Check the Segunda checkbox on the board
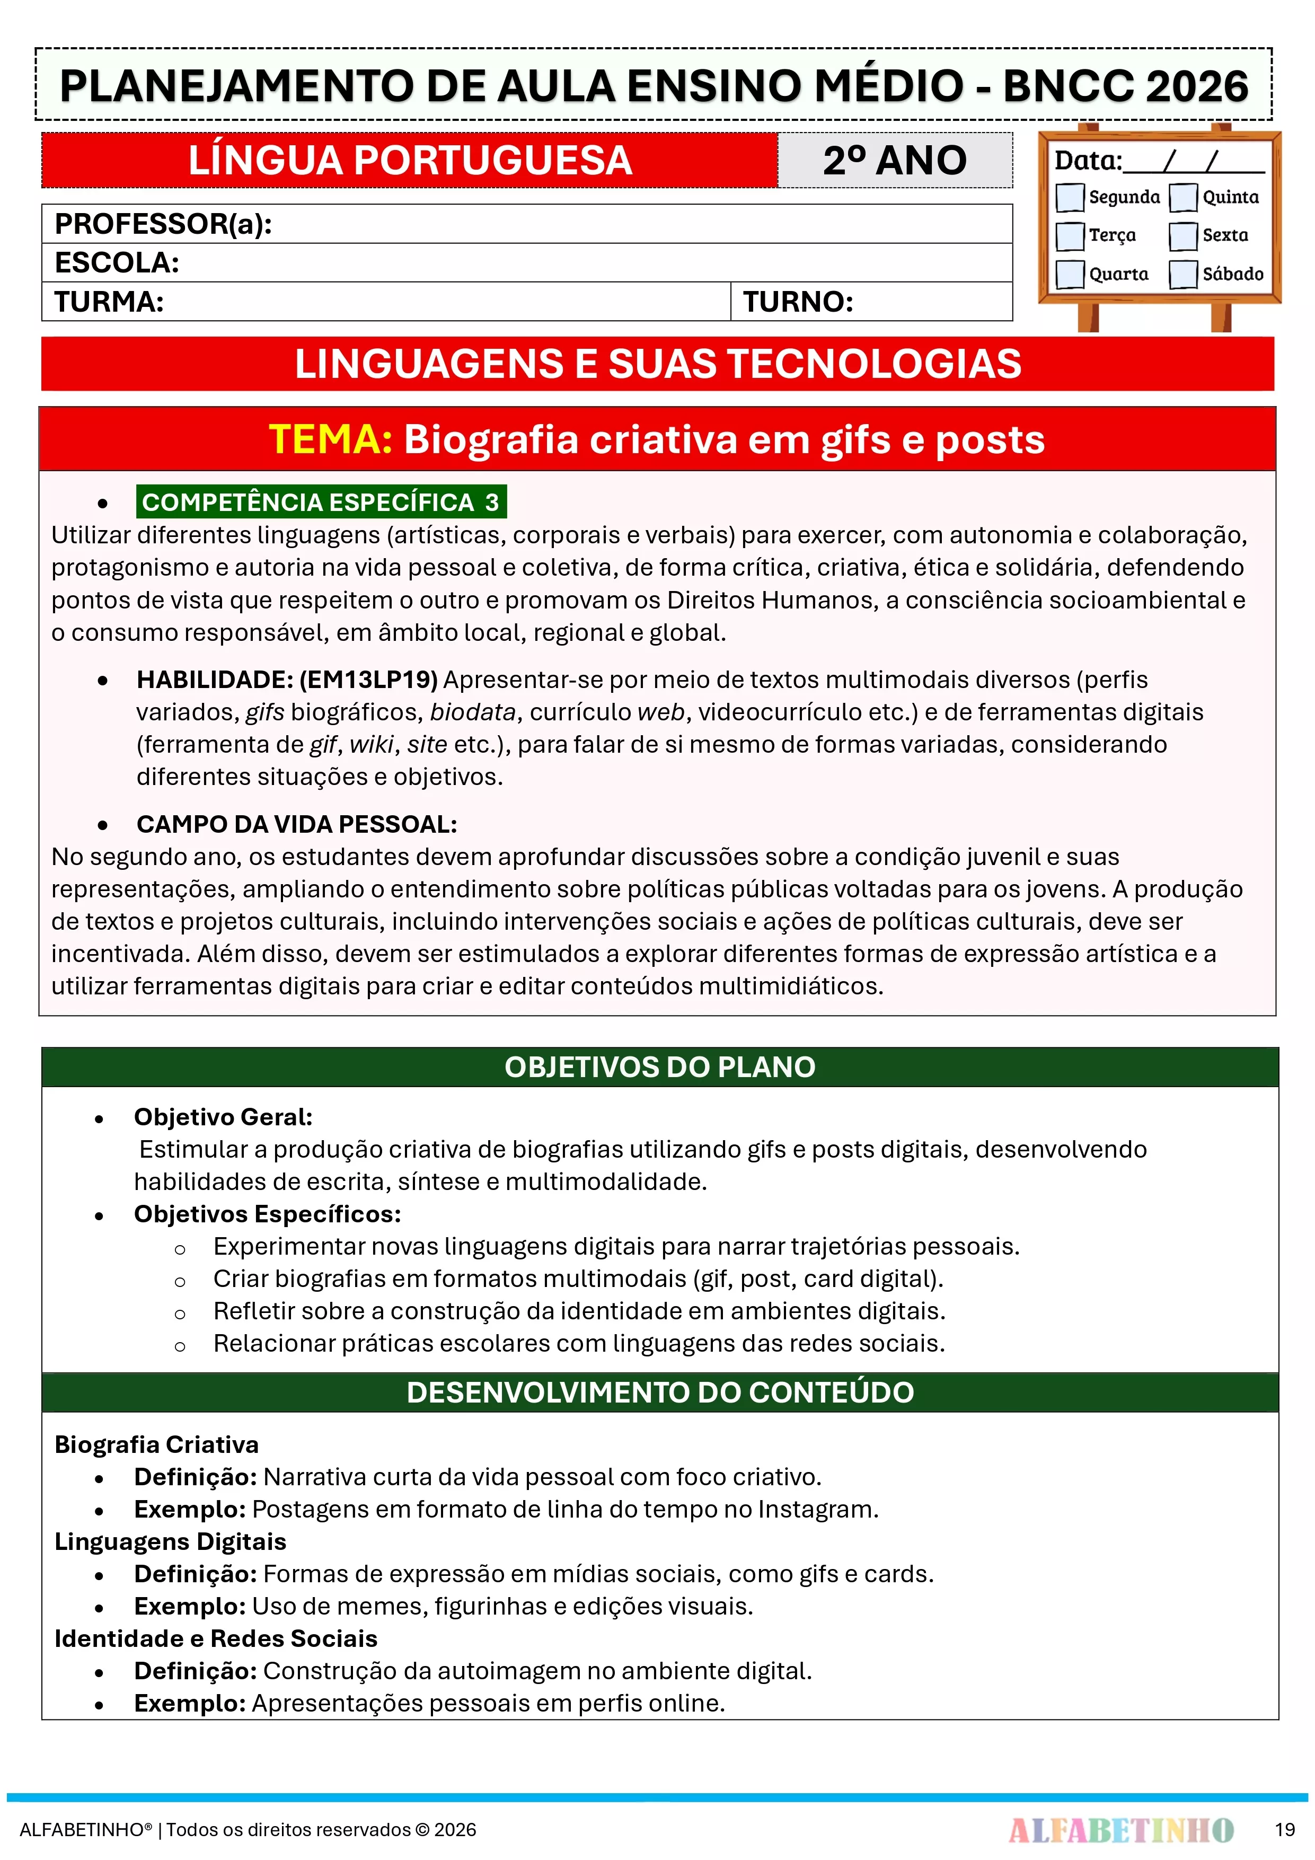click(x=1070, y=197)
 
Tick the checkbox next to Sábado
click(x=1183, y=274)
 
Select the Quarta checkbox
click(x=1070, y=274)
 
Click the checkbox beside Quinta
click(x=1183, y=197)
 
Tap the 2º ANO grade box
click(x=895, y=161)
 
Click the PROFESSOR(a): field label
click(x=163, y=224)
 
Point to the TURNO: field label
click(x=798, y=302)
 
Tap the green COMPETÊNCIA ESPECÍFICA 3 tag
click(x=321, y=503)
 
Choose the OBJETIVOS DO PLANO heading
click(x=659, y=1067)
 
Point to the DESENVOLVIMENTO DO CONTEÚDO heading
click(x=659, y=1392)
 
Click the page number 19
click(x=1284, y=1829)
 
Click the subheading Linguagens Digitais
click(x=170, y=1541)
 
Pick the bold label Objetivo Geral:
click(x=223, y=1117)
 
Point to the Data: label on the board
click(x=1087, y=161)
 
